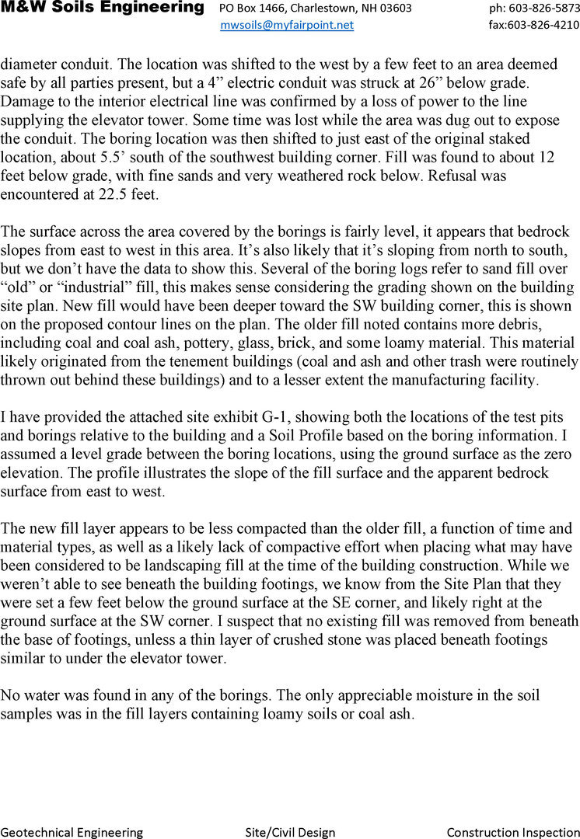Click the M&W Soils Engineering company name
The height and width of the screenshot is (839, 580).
tap(102, 8)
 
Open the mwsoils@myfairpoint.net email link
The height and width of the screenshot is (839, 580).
tap(287, 25)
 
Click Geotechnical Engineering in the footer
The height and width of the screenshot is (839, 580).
tap(72, 832)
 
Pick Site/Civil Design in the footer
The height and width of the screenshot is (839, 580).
tap(290, 832)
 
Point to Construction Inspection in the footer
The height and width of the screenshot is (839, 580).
tap(513, 832)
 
